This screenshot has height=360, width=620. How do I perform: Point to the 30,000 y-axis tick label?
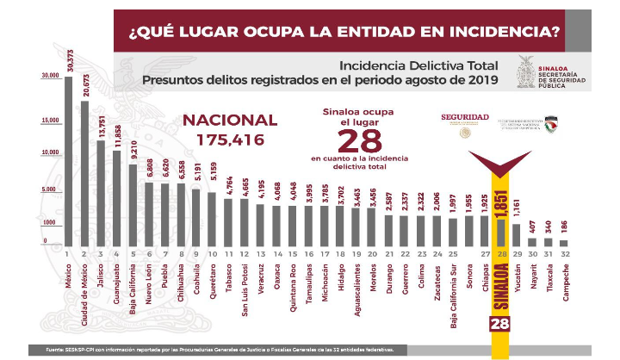[50, 77]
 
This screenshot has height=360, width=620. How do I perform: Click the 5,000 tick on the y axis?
[46, 189]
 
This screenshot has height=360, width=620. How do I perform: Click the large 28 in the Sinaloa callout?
[358, 140]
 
